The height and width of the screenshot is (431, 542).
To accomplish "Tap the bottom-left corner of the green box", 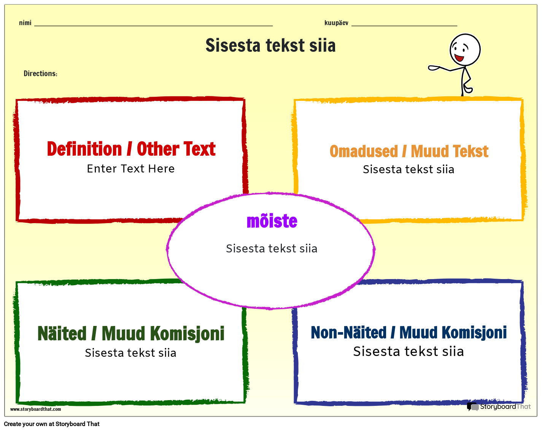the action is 17,403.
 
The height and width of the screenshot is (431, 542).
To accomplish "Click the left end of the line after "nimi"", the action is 35,26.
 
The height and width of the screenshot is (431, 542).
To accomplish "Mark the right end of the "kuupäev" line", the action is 457,26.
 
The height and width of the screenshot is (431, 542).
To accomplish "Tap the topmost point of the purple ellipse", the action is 270,193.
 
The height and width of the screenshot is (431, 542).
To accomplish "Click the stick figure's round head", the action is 465,49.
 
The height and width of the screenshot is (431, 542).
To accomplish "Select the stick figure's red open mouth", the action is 459,58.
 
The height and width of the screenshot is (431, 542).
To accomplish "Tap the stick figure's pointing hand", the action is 434,68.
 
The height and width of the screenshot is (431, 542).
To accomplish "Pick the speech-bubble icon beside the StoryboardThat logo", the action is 472,407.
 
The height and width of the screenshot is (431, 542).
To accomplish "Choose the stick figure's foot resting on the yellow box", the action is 468,90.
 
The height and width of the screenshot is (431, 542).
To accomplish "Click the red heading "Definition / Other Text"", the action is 131,149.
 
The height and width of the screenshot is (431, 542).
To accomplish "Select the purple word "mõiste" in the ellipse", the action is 272,221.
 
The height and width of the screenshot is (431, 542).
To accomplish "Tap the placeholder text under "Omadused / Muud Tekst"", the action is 408,169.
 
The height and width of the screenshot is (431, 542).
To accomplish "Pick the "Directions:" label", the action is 40,73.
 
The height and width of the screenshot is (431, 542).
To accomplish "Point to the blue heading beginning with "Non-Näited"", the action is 408,332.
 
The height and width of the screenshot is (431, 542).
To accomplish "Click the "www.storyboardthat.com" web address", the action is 35,409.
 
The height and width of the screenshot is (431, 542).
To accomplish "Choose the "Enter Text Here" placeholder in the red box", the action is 131,169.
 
